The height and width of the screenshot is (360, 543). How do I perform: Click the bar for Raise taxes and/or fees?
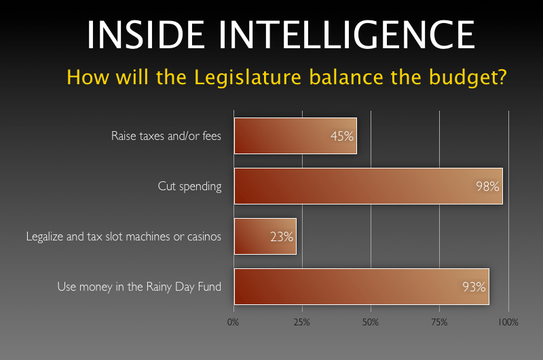pos(295,136)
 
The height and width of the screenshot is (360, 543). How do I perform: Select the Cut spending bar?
pos(369,186)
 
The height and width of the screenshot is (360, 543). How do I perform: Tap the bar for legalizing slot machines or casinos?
pos(265,236)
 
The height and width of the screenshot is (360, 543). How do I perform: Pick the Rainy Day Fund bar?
pos(362,287)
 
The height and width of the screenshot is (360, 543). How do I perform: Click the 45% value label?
pos(342,136)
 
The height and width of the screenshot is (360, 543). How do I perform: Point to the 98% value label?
pos(487,186)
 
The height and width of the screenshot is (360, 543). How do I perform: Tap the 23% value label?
pos(282,237)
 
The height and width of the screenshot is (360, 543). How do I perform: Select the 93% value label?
pos(474,287)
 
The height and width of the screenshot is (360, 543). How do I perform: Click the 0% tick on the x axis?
pos(233,322)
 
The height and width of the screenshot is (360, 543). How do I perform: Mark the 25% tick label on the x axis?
pos(301,322)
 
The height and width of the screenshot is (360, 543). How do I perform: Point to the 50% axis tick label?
pos(370,322)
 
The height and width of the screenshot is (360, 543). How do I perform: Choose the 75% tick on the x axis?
pos(439,322)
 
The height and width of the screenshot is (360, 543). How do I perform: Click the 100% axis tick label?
pos(508,322)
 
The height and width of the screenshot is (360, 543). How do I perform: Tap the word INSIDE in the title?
pos(146,35)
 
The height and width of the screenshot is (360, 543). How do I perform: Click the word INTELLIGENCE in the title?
pos(347,35)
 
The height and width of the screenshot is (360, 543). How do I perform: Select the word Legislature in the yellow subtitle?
pos(248,77)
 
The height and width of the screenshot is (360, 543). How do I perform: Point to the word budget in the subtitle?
pos(464,77)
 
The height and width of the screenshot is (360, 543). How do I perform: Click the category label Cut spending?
pos(189,186)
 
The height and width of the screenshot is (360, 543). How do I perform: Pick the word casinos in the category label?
pos(204,236)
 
